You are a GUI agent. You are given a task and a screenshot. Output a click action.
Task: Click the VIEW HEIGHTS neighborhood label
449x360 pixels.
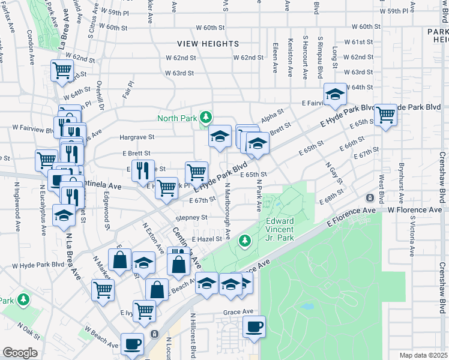point(208,44)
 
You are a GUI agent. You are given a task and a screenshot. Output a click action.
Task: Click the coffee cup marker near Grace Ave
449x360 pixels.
point(253,327)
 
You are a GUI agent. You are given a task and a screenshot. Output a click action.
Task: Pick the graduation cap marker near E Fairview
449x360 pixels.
point(335,93)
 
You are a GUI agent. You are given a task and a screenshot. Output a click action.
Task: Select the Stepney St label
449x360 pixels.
point(191,217)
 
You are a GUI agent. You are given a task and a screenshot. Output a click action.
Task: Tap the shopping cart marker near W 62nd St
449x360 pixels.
point(62,71)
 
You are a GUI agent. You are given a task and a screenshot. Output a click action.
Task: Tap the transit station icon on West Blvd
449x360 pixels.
point(371,197)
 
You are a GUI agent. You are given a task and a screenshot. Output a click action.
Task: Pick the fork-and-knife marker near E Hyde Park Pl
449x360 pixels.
point(143,170)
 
